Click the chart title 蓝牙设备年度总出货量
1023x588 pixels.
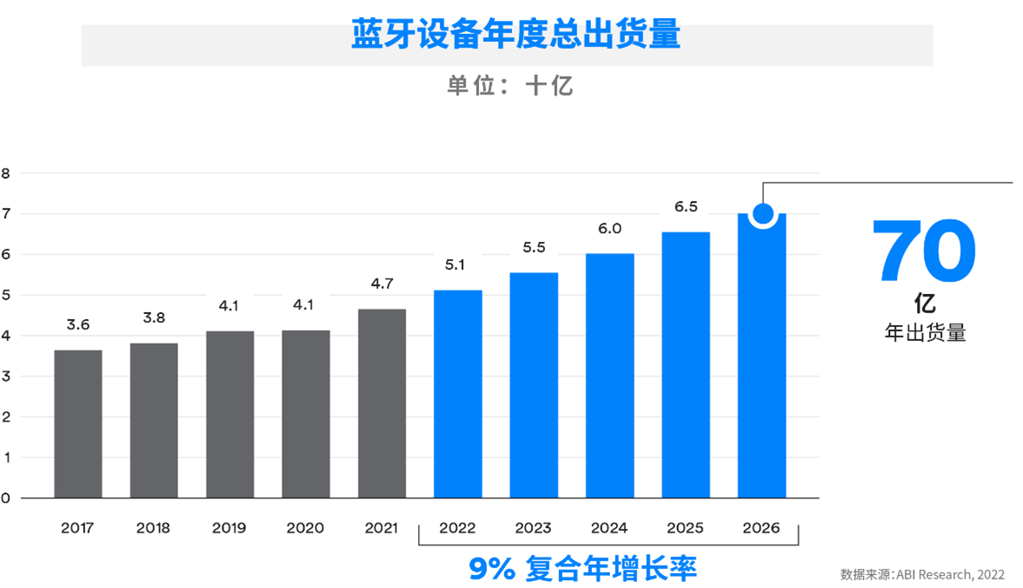click(x=515, y=35)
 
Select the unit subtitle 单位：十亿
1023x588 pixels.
click(x=510, y=85)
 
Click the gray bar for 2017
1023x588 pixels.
click(x=78, y=424)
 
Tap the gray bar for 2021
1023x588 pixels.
click(x=382, y=404)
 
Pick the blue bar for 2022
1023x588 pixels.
click(x=457, y=394)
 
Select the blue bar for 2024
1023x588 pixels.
click(x=609, y=376)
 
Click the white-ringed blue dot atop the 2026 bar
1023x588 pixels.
click(x=762, y=213)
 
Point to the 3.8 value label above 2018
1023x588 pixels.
click(x=154, y=317)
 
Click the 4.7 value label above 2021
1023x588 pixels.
click(x=382, y=284)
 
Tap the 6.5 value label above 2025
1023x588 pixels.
click(x=686, y=207)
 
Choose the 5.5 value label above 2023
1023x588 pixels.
click(x=534, y=248)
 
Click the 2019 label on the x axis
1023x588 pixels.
click(x=229, y=528)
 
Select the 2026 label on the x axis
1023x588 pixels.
click(x=761, y=528)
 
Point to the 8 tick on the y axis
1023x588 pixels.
click(x=6, y=173)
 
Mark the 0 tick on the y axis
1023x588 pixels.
click(x=6, y=498)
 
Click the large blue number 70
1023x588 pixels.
click(x=924, y=253)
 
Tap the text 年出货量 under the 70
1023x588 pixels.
click(x=926, y=333)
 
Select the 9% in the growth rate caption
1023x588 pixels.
click(x=492, y=569)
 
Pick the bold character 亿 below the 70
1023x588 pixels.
click(x=925, y=304)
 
